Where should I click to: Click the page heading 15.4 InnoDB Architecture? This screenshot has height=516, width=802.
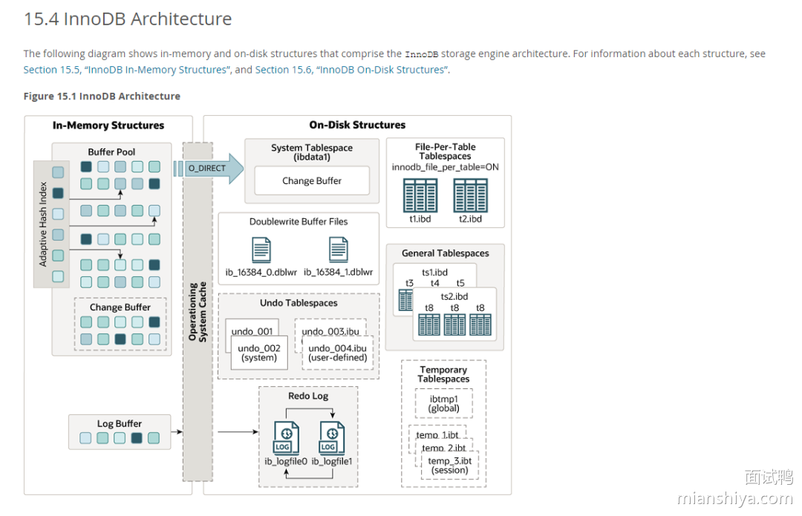pyautogui.click(x=128, y=19)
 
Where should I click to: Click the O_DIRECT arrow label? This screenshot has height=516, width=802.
pyautogui.click(x=206, y=169)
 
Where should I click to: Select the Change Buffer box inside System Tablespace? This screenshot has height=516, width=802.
pyautogui.click(x=312, y=180)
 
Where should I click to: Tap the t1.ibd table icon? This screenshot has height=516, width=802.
pyautogui.click(x=420, y=195)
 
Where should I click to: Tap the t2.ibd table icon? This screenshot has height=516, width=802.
pyautogui.click(x=470, y=195)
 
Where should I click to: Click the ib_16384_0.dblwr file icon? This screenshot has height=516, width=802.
pyautogui.click(x=261, y=250)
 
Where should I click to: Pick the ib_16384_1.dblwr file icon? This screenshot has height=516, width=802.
pyautogui.click(x=339, y=250)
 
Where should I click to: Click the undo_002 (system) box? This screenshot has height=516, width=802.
pyautogui.click(x=259, y=353)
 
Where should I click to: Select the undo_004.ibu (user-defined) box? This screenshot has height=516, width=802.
pyautogui.click(x=337, y=353)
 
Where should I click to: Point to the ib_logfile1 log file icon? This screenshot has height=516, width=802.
pyautogui.click(x=331, y=438)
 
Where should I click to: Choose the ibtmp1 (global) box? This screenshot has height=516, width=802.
pyautogui.click(x=443, y=403)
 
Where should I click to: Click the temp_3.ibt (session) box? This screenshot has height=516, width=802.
pyautogui.click(x=450, y=466)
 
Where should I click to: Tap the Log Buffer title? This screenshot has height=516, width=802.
pyautogui.click(x=120, y=424)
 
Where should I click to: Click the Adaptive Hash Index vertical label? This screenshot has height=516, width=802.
pyautogui.click(x=43, y=223)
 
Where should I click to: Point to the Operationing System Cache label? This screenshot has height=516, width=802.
pyautogui.click(x=198, y=311)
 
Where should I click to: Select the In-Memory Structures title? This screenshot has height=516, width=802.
pyautogui.click(x=108, y=125)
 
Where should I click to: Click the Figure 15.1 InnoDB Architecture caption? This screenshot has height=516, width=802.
pyautogui.click(x=102, y=97)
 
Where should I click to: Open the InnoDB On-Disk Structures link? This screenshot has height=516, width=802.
pyautogui.click(x=382, y=70)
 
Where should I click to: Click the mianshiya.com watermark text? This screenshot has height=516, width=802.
pyautogui.click(x=735, y=499)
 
